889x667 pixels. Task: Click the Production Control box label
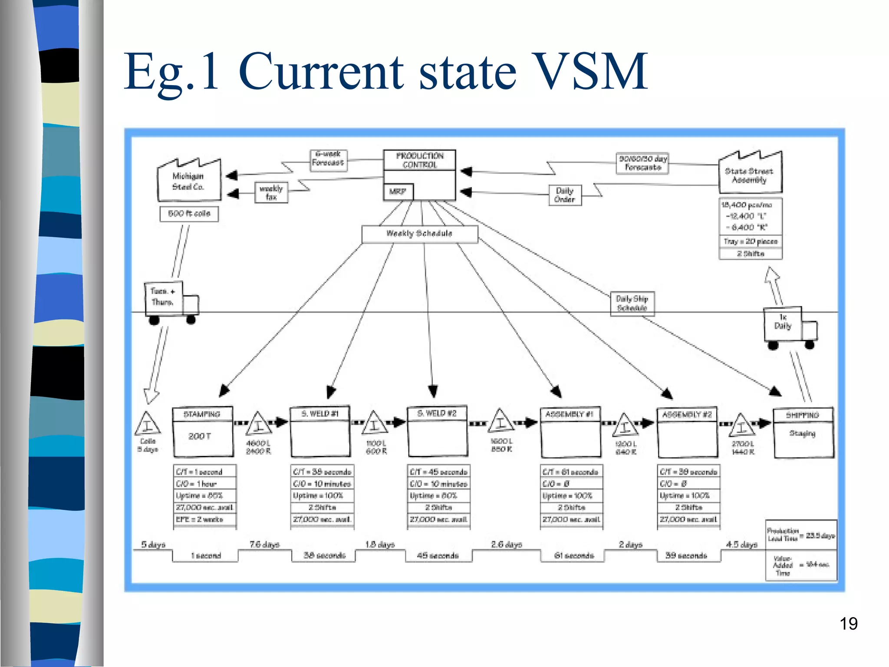coord(419,160)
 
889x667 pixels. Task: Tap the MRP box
coord(398,192)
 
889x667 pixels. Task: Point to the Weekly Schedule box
coord(419,234)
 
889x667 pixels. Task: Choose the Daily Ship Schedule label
coord(632,303)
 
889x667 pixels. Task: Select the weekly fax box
coord(271,192)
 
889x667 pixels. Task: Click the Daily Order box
coord(564,195)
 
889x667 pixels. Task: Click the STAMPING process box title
coord(202,414)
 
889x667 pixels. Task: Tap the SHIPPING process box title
coord(803,415)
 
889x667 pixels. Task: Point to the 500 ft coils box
coord(189,214)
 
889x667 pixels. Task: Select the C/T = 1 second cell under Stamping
coord(204,472)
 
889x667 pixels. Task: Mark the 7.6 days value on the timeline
coord(264,544)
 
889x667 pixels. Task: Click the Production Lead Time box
coord(801,535)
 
